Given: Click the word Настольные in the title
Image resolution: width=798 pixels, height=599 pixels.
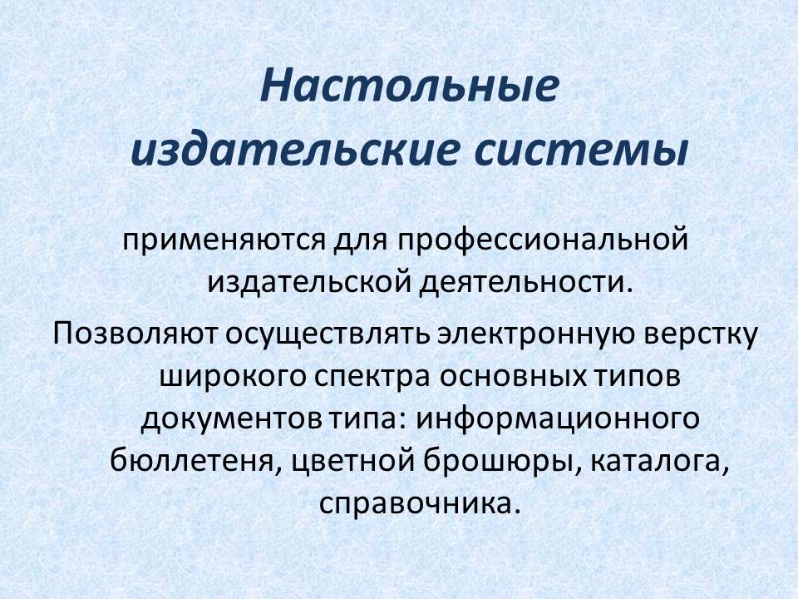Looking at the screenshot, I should click(409, 88).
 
